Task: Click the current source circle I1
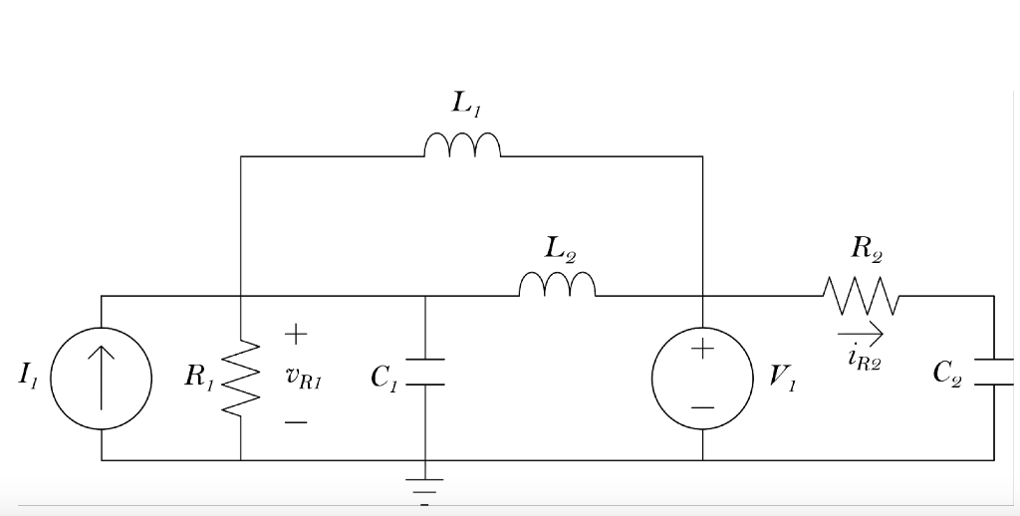(x=101, y=380)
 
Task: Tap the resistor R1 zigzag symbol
(x=241, y=378)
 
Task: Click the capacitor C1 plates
(x=425, y=372)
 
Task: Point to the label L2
(x=561, y=246)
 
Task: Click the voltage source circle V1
(x=702, y=380)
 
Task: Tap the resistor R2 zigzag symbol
(x=862, y=295)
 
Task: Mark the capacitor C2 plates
(x=993, y=371)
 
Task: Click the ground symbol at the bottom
(x=425, y=485)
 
